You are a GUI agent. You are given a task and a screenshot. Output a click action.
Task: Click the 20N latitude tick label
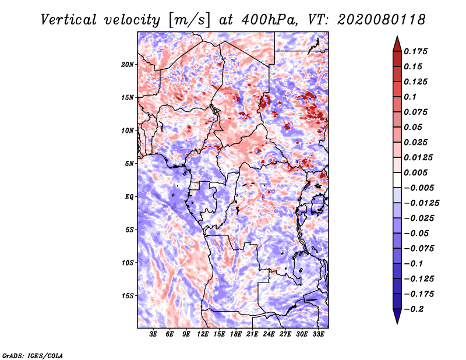tap(128, 64)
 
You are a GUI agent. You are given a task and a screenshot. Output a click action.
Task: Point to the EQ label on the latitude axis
tap(129, 197)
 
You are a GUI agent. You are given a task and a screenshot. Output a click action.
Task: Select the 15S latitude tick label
tap(128, 296)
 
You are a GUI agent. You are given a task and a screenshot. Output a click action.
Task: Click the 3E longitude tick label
tap(154, 334)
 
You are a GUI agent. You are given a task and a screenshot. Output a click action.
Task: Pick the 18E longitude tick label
tap(236, 334)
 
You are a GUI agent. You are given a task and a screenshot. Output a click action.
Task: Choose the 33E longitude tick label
tap(319, 334)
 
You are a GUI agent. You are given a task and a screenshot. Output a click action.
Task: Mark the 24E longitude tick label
tap(269, 334)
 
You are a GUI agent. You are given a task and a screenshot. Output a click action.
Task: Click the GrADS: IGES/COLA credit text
tap(33, 355)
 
